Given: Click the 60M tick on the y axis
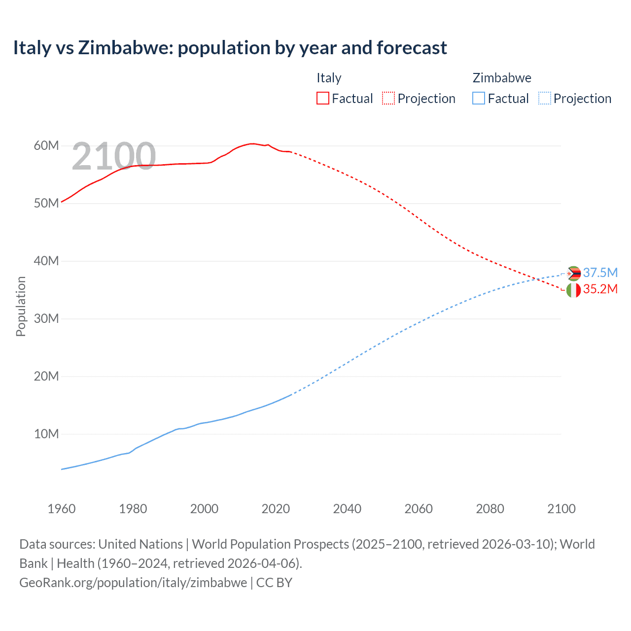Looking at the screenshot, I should tap(46, 146).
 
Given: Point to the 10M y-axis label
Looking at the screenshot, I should tap(46, 434).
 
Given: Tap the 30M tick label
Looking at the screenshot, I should tap(46, 319).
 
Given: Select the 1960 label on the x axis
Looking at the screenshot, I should tap(62, 509).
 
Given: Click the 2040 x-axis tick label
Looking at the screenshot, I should tap(347, 509).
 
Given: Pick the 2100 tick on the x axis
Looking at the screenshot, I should tap(561, 509).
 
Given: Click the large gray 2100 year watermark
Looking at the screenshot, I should tap(114, 156).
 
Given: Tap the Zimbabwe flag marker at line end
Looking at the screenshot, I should tap(574, 273).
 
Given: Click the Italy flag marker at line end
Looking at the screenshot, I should tap(573, 290).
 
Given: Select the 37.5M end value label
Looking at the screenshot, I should tap(600, 273).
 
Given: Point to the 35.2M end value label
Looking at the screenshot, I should tap(600, 289).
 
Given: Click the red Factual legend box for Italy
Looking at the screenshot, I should tap(322, 98).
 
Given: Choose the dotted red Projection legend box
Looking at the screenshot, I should tap(388, 98).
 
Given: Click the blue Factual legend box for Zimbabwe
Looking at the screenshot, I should tap(478, 98).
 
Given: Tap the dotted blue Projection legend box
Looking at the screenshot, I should tap(544, 98).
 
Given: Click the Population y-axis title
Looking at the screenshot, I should tap(21, 306).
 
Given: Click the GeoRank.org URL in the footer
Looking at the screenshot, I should tap(133, 583).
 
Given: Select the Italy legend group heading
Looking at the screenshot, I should tap(329, 78).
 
